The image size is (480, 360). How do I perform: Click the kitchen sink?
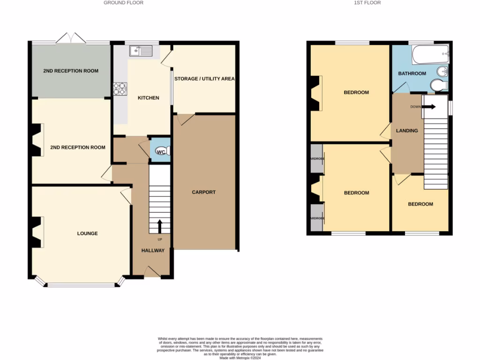click(x=141, y=50)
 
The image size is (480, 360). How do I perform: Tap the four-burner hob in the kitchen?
click(x=119, y=89)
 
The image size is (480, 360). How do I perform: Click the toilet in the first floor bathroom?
click(x=438, y=86)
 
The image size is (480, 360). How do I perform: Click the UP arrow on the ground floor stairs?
click(x=159, y=226)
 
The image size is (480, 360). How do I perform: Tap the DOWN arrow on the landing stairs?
click(x=428, y=106)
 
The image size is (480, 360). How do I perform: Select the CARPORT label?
click(x=203, y=192)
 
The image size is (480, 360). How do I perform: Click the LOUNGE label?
click(x=87, y=233)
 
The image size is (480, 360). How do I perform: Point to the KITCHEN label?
click(x=148, y=98)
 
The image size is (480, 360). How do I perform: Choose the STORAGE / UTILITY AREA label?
click(x=204, y=79)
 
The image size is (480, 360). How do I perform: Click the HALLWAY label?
click(x=153, y=250)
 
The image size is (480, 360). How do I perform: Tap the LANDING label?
click(x=406, y=131)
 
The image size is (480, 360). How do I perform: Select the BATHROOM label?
click(x=412, y=74)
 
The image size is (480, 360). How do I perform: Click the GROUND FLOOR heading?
click(x=123, y=3)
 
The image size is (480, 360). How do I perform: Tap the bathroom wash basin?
click(x=441, y=72)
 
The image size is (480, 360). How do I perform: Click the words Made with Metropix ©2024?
click(x=240, y=358)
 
